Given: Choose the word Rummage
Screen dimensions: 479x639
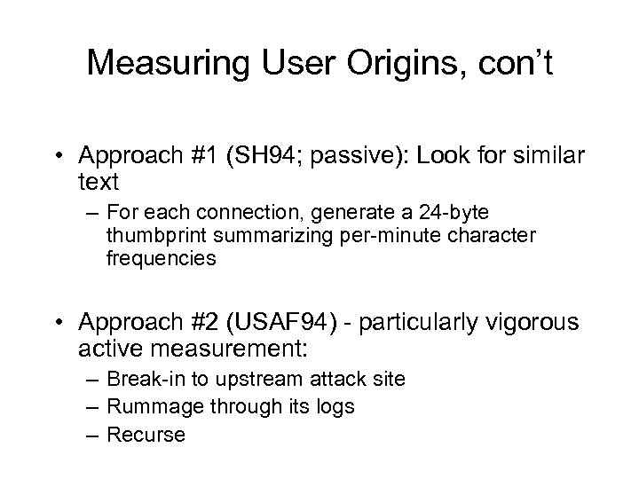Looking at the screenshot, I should tap(147, 406).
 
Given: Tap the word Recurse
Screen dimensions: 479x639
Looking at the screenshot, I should tap(146, 434).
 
